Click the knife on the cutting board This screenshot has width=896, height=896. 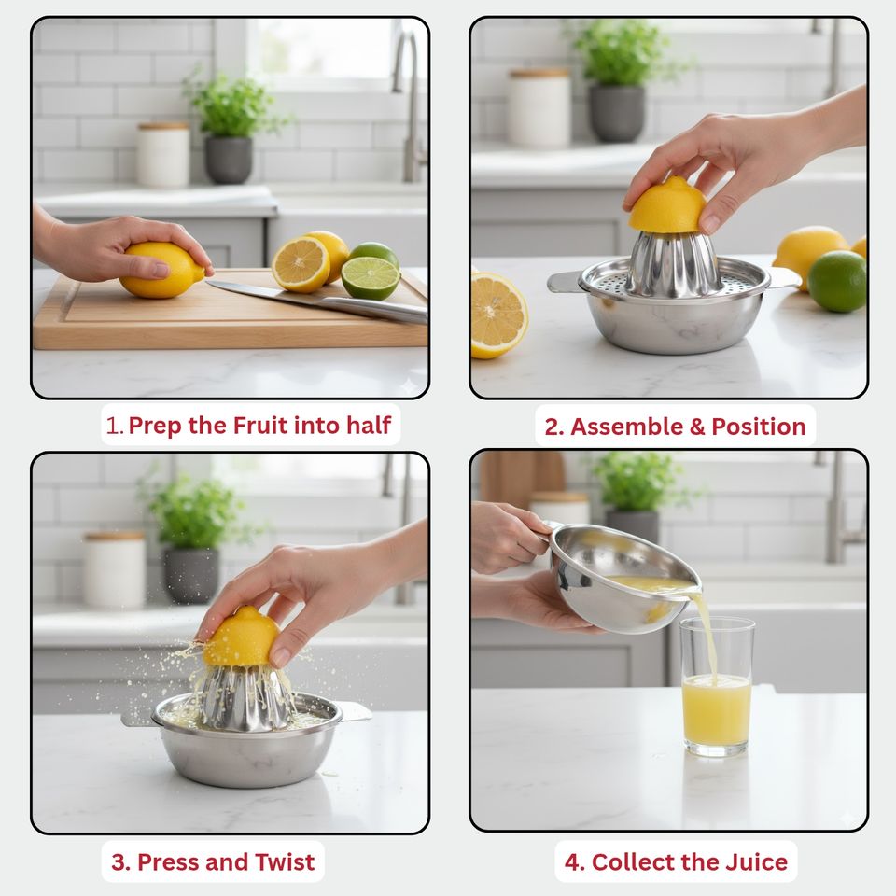(317, 300)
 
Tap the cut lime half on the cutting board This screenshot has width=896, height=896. (371, 278)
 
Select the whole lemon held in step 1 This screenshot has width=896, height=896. (161, 270)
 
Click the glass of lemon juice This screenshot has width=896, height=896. (717, 688)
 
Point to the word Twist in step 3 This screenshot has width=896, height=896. (285, 862)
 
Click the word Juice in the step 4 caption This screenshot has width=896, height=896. (757, 862)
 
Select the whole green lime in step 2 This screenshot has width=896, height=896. (837, 282)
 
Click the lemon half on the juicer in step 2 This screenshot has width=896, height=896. (668, 205)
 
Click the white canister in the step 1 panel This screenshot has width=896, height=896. (162, 155)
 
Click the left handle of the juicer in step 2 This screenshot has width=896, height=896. (565, 282)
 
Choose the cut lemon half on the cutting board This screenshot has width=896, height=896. (301, 264)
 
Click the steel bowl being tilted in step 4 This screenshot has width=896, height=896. (623, 580)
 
